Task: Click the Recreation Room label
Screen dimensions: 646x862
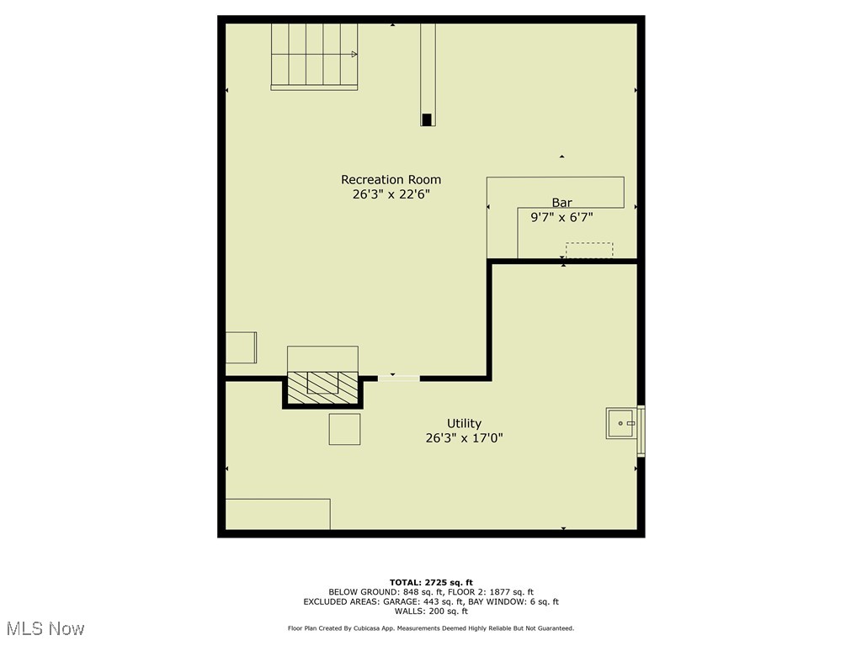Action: tap(391, 179)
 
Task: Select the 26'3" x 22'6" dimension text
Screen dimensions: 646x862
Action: tap(391, 194)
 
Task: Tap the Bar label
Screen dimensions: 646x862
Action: tap(561, 203)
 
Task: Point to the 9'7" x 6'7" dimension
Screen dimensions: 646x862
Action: tap(561, 217)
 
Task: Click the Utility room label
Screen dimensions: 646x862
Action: tap(464, 423)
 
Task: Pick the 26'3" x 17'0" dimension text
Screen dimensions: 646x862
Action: tap(464, 437)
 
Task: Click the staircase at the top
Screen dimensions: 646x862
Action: tap(314, 56)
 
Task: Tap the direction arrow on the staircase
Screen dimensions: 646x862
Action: tap(354, 55)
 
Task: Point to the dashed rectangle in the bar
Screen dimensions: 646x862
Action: tap(588, 251)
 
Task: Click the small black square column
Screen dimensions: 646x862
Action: tap(428, 119)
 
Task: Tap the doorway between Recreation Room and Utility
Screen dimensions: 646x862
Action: tap(398, 378)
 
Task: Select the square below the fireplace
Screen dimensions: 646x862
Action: tap(344, 429)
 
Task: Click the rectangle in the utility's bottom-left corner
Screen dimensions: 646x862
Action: tap(278, 514)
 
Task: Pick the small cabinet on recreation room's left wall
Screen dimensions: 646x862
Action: tap(242, 347)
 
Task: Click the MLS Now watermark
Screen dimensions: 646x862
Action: tap(46, 628)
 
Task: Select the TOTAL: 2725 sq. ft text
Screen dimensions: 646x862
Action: tap(431, 582)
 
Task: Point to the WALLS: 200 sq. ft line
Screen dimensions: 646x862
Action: tap(431, 612)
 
